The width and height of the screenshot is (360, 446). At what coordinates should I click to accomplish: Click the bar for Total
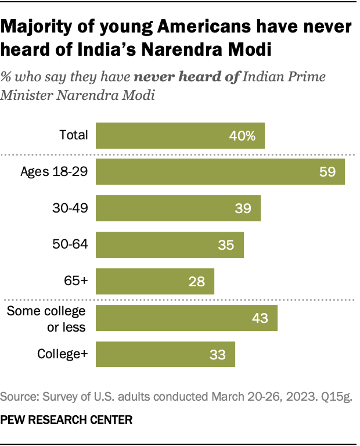(x=180, y=136)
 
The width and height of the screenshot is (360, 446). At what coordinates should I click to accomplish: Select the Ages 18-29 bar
(x=220, y=172)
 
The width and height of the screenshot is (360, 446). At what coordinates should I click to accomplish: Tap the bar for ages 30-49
(x=178, y=208)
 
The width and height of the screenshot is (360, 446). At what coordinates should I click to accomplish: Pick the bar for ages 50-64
(x=170, y=245)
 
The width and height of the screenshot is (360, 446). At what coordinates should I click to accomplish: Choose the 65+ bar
(x=155, y=282)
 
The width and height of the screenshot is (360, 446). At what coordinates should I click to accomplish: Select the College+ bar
(x=165, y=354)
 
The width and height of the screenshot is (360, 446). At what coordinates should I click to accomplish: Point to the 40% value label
(x=242, y=136)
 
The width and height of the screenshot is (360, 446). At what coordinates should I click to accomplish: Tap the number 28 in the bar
(x=196, y=282)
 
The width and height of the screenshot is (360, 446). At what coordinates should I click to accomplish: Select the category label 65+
(x=76, y=282)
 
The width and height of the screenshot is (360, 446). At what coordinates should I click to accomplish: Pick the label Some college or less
(x=47, y=319)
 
